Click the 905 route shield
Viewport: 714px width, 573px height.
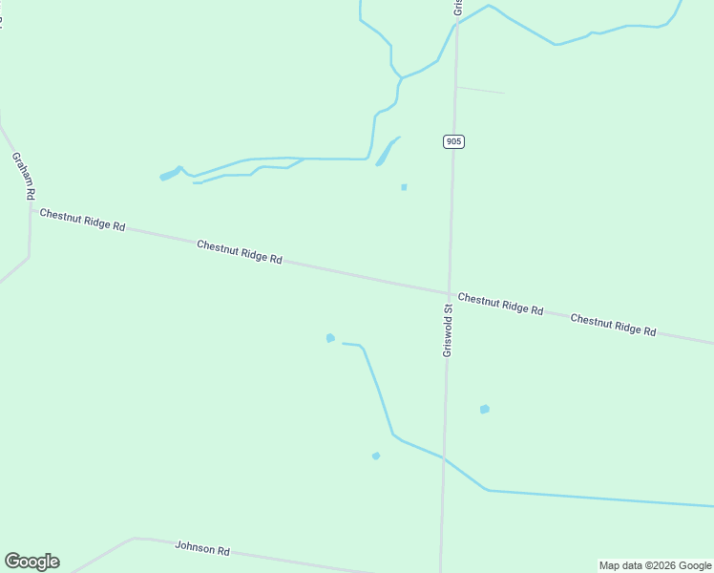[453, 141]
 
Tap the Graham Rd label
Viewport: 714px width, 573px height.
[24, 175]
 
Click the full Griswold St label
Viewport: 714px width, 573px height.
[447, 330]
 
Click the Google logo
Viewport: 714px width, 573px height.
[31, 562]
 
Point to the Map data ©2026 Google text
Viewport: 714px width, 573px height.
[655, 565]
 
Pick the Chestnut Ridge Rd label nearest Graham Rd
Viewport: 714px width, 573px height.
[82, 219]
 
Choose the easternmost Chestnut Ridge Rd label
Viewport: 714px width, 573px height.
[613, 325]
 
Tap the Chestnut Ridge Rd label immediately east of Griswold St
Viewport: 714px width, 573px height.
[500, 304]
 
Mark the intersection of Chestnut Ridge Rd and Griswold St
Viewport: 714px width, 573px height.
[449, 293]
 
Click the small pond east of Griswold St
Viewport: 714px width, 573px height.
[485, 409]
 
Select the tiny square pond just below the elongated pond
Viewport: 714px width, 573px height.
[404, 187]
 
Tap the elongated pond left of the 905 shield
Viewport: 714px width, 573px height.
[386, 153]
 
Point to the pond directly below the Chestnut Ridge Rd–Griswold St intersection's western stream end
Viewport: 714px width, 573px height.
[330, 338]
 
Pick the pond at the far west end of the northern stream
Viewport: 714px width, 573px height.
[169, 175]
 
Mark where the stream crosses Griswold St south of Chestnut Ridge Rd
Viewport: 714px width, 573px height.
[443, 457]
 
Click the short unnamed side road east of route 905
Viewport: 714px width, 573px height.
[479, 90]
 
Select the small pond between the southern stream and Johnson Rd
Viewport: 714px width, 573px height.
[376, 456]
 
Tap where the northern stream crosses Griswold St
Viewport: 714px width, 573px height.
[456, 24]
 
